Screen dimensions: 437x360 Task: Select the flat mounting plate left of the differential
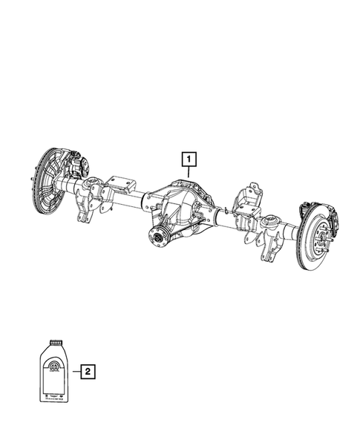[x=119, y=185]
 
